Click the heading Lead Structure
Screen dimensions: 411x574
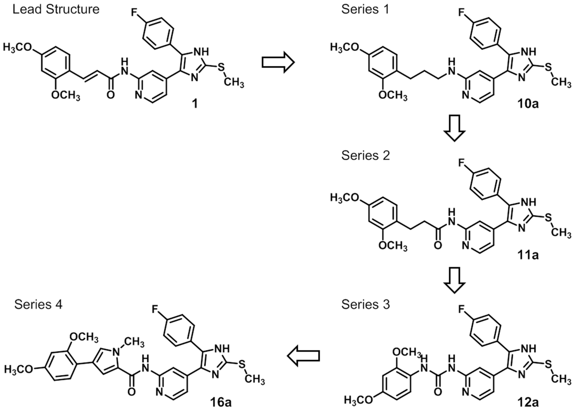coord(56,10)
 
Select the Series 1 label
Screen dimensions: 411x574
coord(365,10)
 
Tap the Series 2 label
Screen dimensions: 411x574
coord(365,155)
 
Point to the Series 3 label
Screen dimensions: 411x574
coord(365,304)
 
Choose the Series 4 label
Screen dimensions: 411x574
coord(38,304)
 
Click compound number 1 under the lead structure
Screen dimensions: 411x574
coord(195,104)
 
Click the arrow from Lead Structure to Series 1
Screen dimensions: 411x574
coord(278,62)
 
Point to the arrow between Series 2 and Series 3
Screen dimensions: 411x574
coord(455,280)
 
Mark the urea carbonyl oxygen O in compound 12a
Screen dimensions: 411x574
coord(438,392)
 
